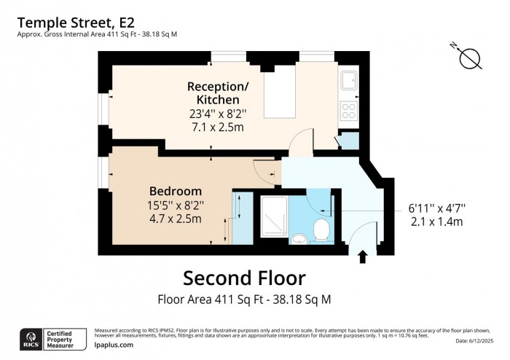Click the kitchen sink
tap(349, 79)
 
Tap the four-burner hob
tap(349, 111)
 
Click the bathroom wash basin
tap(299, 238)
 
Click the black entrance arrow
tap(362, 255)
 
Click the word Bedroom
tap(176, 191)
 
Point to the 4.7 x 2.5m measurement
tap(176, 218)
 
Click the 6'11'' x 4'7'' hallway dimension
tap(436, 208)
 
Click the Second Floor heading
tap(244, 278)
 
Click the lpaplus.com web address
tap(114, 345)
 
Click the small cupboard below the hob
tap(349, 140)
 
